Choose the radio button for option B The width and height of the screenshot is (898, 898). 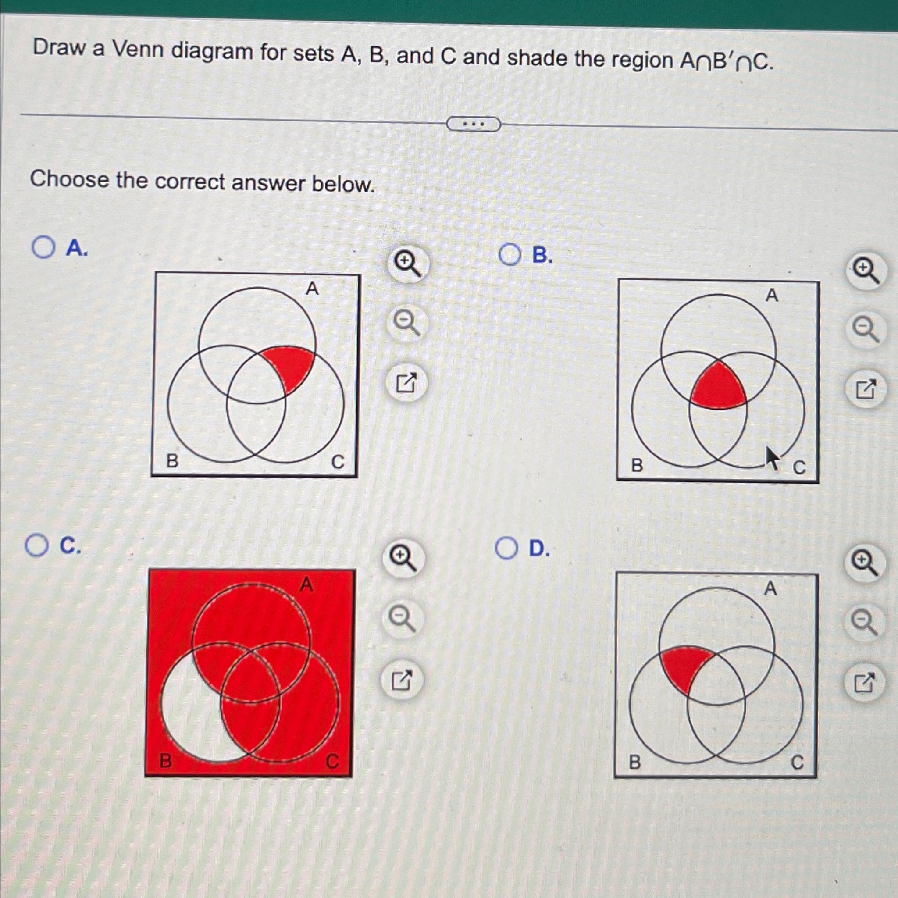[x=510, y=255]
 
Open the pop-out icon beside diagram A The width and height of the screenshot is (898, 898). [x=406, y=382]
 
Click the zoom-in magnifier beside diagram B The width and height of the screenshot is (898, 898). [x=865, y=271]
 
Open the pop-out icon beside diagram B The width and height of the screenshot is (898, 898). [x=865, y=389]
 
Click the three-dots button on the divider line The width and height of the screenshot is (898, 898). [x=473, y=124]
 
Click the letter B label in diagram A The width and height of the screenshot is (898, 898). [x=172, y=461]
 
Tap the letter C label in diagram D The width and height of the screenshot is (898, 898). [x=797, y=762]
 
